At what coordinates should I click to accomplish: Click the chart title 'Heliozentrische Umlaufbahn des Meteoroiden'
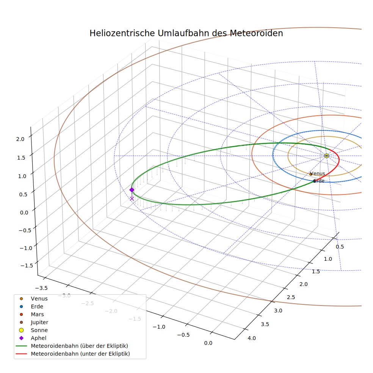pos(186,33)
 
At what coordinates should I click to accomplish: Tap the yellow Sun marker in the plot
pos(327,156)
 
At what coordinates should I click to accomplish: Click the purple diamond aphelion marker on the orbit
pos(132,190)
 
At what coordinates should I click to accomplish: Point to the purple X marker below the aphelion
pos(132,199)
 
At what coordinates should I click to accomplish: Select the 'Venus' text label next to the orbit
pos(318,173)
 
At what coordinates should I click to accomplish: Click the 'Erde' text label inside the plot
pos(319,181)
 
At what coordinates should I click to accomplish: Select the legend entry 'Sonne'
pos(33,330)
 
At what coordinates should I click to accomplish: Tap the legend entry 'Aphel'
pos(33,338)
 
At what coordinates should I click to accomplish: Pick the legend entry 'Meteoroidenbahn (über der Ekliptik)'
pos(72,346)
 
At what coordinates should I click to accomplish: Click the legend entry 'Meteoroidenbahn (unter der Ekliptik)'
pos(73,354)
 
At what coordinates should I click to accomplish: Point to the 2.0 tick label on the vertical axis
pos(20,139)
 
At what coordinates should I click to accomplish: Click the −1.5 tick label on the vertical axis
pos(27,265)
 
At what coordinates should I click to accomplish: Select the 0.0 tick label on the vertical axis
pos(24,212)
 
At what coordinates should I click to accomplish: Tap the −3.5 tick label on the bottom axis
pos(41,288)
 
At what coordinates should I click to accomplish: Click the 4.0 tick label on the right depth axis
pos(252,338)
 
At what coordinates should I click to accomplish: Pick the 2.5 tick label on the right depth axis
pos(291,297)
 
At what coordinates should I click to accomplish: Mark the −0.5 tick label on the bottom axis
pos(183,335)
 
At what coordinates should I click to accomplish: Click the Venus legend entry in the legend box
pos(33,299)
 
